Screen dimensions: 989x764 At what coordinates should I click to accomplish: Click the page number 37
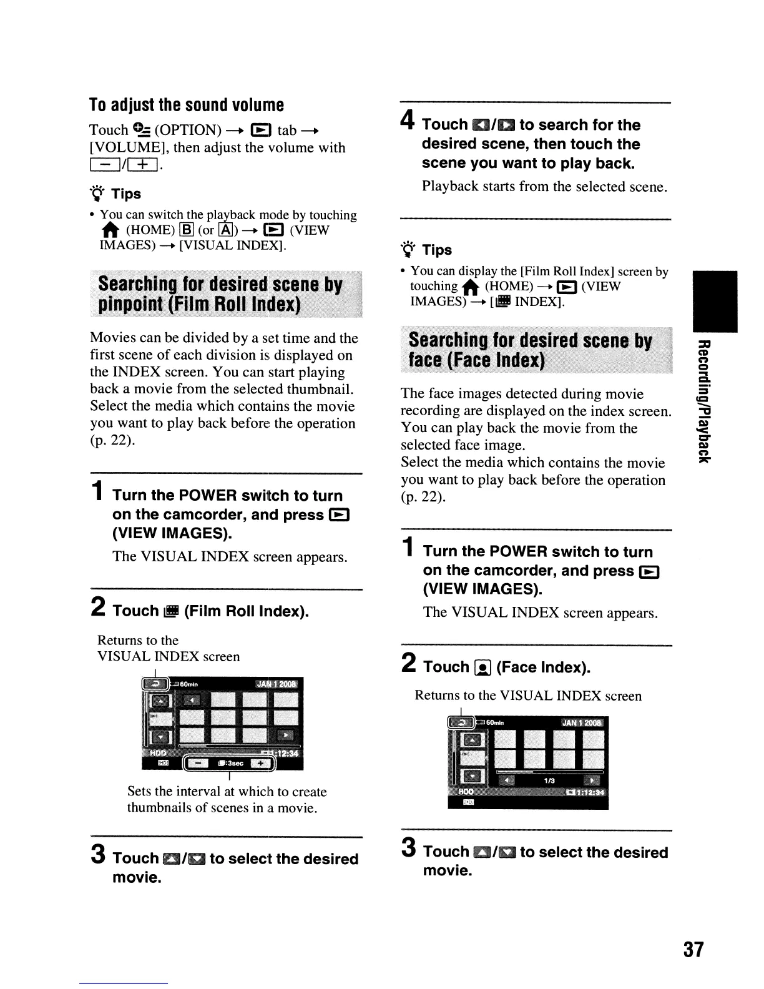click(693, 950)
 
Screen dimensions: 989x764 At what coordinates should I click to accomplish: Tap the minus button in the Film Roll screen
click(199, 763)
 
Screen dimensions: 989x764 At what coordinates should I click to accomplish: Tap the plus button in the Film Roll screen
click(260, 763)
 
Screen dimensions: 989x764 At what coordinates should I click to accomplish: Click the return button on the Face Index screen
click(461, 723)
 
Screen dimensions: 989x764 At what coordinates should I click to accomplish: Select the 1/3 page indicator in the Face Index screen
click(549, 780)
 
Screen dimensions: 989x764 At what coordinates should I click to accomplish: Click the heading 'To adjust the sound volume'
click(187, 104)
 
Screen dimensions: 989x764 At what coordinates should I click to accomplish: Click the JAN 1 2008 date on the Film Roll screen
click(277, 684)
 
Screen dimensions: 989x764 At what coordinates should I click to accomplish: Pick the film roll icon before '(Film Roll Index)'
click(171, 611)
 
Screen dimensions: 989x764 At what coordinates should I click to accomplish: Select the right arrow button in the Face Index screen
click(589, 780)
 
